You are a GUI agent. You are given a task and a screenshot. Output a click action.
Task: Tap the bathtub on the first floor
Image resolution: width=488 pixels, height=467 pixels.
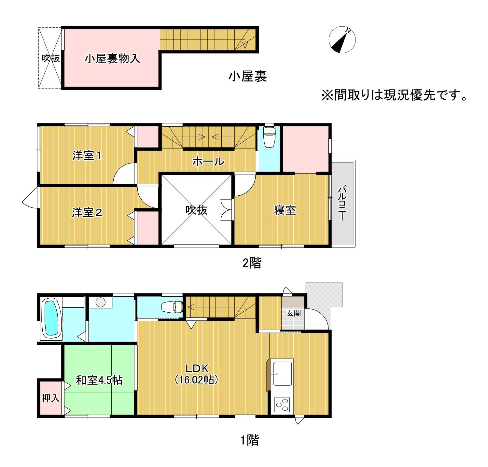(x=52, y=318)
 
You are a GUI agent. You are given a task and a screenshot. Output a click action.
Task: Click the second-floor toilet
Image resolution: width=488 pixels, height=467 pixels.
(x=269, y=137)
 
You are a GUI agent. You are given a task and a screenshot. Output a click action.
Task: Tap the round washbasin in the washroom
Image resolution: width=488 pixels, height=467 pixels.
(x=100, y=302)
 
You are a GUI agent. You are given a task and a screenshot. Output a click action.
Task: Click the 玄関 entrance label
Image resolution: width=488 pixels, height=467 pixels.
(x=293, y=313)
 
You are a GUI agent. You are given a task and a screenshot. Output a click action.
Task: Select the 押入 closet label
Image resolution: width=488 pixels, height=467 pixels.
(x=50, y=398)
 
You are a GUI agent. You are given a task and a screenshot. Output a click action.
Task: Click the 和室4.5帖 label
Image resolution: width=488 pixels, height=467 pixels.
(x=99, y=380)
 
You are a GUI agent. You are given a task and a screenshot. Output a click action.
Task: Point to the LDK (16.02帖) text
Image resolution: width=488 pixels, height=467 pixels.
(x=196, y=374)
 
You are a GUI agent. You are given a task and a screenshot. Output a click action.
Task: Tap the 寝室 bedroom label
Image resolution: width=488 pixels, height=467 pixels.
(x=285, y=210)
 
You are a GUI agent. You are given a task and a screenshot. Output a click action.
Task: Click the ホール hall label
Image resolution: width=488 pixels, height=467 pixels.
(x=208, y=161)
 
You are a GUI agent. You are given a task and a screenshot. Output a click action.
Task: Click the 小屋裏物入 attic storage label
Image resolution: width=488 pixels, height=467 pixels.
(x=112, y=59)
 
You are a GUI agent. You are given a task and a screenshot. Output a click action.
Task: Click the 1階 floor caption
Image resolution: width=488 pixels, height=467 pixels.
(x=250, y=440)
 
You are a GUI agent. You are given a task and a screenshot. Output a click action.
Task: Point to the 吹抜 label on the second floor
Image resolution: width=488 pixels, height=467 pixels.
(x=197, y=210)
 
